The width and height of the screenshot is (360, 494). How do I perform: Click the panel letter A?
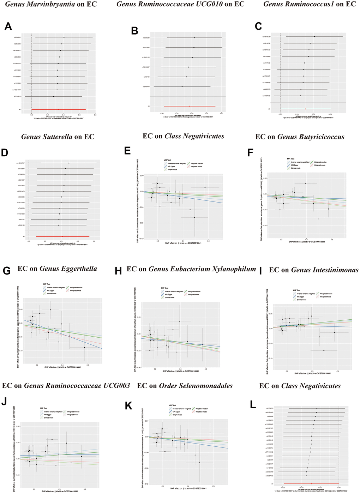(8, 26)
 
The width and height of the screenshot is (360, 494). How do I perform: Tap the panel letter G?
(7, 271)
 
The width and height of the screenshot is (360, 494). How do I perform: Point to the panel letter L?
(253, 405)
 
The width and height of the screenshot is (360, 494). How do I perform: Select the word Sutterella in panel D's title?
(56, 137)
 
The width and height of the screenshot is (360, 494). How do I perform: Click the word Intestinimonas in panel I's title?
(335, 270)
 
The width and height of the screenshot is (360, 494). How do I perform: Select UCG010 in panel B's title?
(217, 4)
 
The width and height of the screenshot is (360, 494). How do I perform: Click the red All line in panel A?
(59, 110)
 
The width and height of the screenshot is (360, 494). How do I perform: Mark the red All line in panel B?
(190, 106)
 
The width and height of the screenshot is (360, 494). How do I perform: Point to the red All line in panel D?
(62, 236)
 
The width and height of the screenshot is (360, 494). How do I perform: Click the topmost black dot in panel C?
(314, 36)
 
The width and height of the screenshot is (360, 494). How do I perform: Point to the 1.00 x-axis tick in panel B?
(221, 114)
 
